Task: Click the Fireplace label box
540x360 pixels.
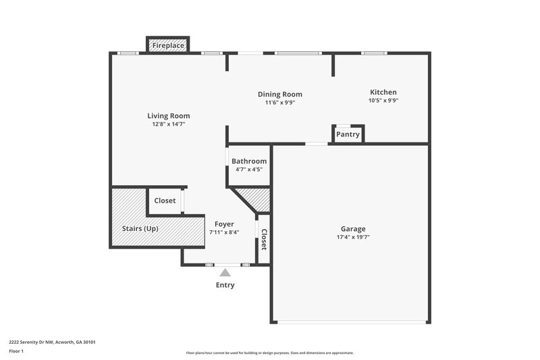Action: [167, 45]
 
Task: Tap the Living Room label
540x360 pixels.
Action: [169, 115]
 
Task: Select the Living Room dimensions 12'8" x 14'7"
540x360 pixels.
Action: [169, 124]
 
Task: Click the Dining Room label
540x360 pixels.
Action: [280, 94]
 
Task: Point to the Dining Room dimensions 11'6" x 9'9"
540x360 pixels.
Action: [280, 103]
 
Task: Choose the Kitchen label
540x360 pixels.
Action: [383, 92]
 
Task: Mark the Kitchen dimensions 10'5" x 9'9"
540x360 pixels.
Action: [383, 101]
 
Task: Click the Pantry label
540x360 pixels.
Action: [348, 135]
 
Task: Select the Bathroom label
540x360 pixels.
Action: [249, 161]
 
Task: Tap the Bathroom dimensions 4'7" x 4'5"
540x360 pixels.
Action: [249, 170]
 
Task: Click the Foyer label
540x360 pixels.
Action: [224, 224]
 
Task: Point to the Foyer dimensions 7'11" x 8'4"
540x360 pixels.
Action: [224, 232]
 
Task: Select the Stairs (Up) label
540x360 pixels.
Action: [140, 228]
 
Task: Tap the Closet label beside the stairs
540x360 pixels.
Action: [165, 201]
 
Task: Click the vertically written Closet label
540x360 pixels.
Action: [264, 240]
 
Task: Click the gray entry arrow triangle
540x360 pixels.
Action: [225, 272]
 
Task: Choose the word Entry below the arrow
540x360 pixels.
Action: [225, 285]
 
